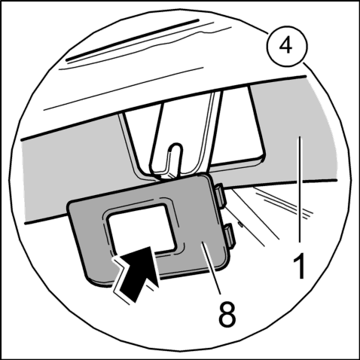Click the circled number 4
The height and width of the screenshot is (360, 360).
(x=287, y=47)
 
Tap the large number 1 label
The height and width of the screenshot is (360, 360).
(x=300, y=266)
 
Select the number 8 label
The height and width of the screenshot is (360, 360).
(x=227, y=313)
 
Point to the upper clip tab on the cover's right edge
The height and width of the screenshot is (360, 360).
(x=221, y=195)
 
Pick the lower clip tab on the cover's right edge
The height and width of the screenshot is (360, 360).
(x=229, y=234)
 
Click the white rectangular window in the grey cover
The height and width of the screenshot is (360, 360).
(x=141, y=228)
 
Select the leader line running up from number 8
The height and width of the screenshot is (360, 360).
(x=212, y=268)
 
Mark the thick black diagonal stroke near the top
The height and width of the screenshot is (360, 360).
(x=133, y=40)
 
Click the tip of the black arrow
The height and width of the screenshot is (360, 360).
(x=150, y=246)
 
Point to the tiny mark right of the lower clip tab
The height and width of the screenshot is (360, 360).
(x=240, y=224)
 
